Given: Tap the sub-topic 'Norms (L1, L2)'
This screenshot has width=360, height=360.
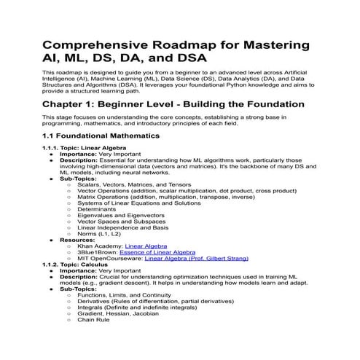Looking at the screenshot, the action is click(99, 233).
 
